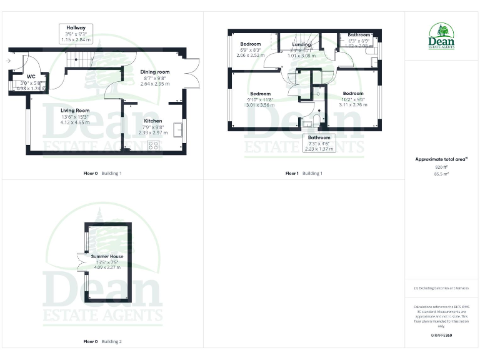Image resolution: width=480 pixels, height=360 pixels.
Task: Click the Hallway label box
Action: point(77,33)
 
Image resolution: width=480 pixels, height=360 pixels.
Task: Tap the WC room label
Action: point(31,77)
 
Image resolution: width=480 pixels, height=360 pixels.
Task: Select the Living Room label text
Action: point(75,110)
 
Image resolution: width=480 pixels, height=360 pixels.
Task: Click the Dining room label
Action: point(154,72)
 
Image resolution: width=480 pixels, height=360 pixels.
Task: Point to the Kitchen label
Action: point(153,121)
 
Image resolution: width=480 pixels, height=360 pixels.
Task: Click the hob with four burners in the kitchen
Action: point(153,145)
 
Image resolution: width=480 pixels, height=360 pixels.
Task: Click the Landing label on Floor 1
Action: point(301,44)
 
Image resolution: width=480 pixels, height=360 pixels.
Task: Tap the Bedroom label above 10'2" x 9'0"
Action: point(352,93)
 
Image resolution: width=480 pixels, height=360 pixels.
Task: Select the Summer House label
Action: point(107,256)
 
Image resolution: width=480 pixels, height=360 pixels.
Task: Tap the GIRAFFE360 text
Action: point(441,336)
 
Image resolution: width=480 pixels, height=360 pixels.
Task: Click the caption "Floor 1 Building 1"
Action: point(304,173)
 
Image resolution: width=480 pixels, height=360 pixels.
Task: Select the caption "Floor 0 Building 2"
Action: point(102,342)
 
